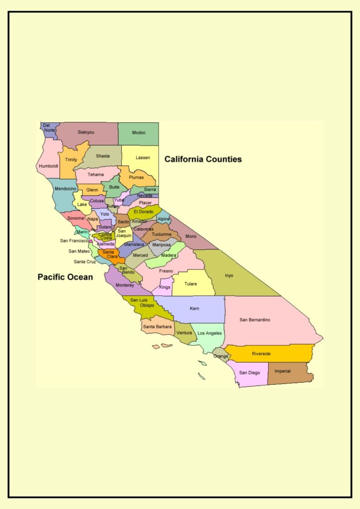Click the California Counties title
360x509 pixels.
point(203,160)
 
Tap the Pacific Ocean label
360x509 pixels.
point(65,277)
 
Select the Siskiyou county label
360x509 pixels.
point(86,132)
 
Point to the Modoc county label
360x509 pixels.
point(139,133)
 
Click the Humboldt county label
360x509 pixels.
point(49,166)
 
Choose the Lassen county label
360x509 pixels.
point(143,158)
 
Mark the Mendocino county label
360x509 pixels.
point(65,189)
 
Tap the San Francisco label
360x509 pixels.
point(74,241)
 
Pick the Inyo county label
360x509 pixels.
point(229,275)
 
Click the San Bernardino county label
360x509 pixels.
point(255,320)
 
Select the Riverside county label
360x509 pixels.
point(261,353)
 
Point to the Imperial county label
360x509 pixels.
point(282,371)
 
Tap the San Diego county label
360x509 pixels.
point(249,372)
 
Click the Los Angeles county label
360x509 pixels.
point(210,333)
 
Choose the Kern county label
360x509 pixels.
point(194,308)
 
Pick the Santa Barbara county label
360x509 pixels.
point(157,327)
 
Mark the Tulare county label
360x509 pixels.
point(190,284)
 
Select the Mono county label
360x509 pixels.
point(191,236)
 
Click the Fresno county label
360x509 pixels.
point(166,271)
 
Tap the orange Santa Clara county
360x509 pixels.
point(109,254)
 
